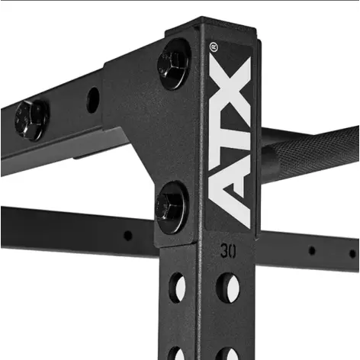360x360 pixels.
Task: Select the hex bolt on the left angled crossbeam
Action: click(31, 118)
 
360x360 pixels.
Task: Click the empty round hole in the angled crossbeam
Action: click(93, 99)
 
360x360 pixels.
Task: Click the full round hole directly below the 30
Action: click(227, 288)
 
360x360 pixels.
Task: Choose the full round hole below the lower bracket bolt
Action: click(177, 287)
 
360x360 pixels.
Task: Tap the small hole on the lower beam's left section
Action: click(127, 236)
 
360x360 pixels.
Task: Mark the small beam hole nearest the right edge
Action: click(352, 253)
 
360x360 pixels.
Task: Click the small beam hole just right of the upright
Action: click(311, 250)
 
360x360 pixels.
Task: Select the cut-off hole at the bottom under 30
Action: click(227, 354)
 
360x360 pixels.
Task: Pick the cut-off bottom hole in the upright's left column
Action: click(177, 354)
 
